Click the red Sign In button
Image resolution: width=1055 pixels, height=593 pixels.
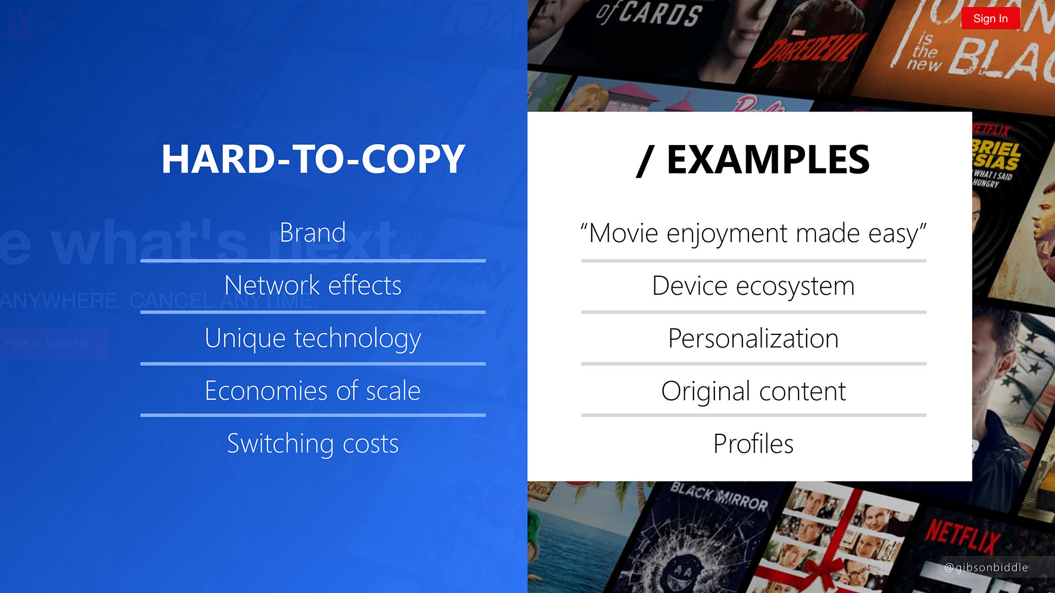(990, 19)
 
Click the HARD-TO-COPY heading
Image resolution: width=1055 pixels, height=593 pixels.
(313, 159)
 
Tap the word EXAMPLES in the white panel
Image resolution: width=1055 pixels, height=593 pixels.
(768, 159)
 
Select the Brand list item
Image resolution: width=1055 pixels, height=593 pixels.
(313, 233)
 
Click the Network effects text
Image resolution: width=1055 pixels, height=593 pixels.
(313, 286)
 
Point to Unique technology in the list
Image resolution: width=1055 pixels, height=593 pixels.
(313, 338)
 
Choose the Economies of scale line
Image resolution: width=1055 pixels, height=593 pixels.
(313, 391)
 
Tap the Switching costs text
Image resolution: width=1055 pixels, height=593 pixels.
(313, 444)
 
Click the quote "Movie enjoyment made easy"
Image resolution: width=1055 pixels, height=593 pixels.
(753, 233)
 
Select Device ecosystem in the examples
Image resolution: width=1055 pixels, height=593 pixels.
(753, 286)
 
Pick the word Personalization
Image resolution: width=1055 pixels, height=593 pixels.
(753, 339)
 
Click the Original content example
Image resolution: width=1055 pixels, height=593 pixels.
(753, 391)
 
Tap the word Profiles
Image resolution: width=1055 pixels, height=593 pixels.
(753, 444)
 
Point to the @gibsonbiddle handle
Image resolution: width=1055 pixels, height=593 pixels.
(986, 568)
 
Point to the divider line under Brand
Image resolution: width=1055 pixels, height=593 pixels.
(313, 260)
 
